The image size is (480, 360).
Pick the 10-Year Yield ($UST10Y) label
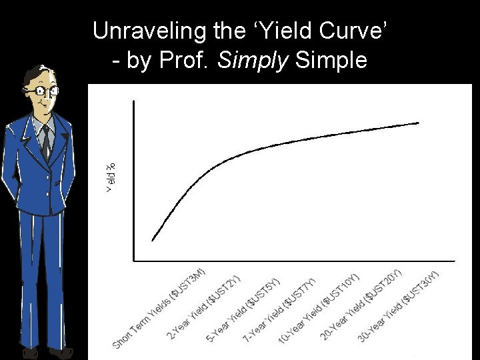click(x=319, y=307)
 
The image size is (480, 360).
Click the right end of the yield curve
click(x=418, y=123)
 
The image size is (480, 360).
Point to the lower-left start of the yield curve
click(x=153, y=239)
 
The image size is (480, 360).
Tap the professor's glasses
click(x=41, y=90)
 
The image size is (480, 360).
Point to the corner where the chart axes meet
click(x=134, y=260)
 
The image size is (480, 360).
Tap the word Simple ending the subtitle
click(x=331, y=61)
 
